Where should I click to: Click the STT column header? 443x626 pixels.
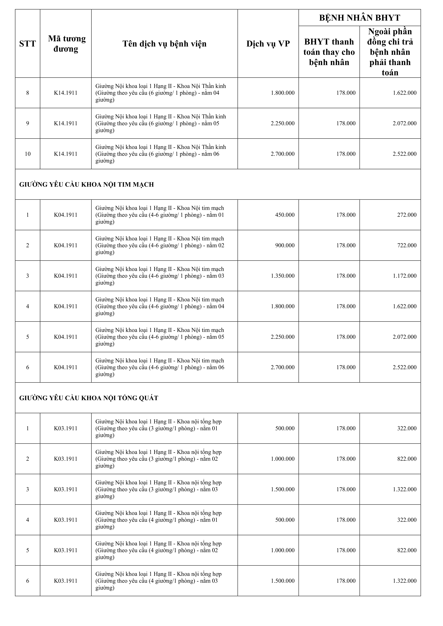tap(28, 44)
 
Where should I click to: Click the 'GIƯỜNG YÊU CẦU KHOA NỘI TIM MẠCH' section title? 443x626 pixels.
tap(87, 185)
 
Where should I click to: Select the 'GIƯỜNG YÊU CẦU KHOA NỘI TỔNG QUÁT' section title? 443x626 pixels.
tap(89, 398)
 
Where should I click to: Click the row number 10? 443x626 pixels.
tap(28, 154)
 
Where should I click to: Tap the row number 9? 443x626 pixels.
tap(28, 123)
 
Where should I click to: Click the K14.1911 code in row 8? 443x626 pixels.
tap(66, 93)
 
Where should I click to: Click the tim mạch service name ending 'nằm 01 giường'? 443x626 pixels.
tap(160, 215)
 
